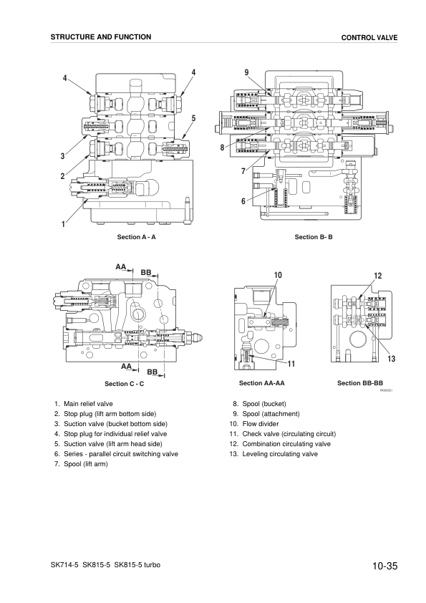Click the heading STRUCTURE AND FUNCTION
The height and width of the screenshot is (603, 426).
point(101,37)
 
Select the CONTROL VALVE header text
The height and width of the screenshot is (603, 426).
point(369,37)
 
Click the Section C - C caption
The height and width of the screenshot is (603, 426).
point(125,384)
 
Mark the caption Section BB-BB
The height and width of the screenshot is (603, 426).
point(360,383)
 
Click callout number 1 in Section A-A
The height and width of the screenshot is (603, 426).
point(64,224)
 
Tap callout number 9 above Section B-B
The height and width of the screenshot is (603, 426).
point(246,72)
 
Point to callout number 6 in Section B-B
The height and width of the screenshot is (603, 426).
point(243,201)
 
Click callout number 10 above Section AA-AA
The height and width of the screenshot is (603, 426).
point(278,276)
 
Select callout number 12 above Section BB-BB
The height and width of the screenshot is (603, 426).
point(377,276)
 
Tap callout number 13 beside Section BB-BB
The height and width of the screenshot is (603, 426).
point(392,357)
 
